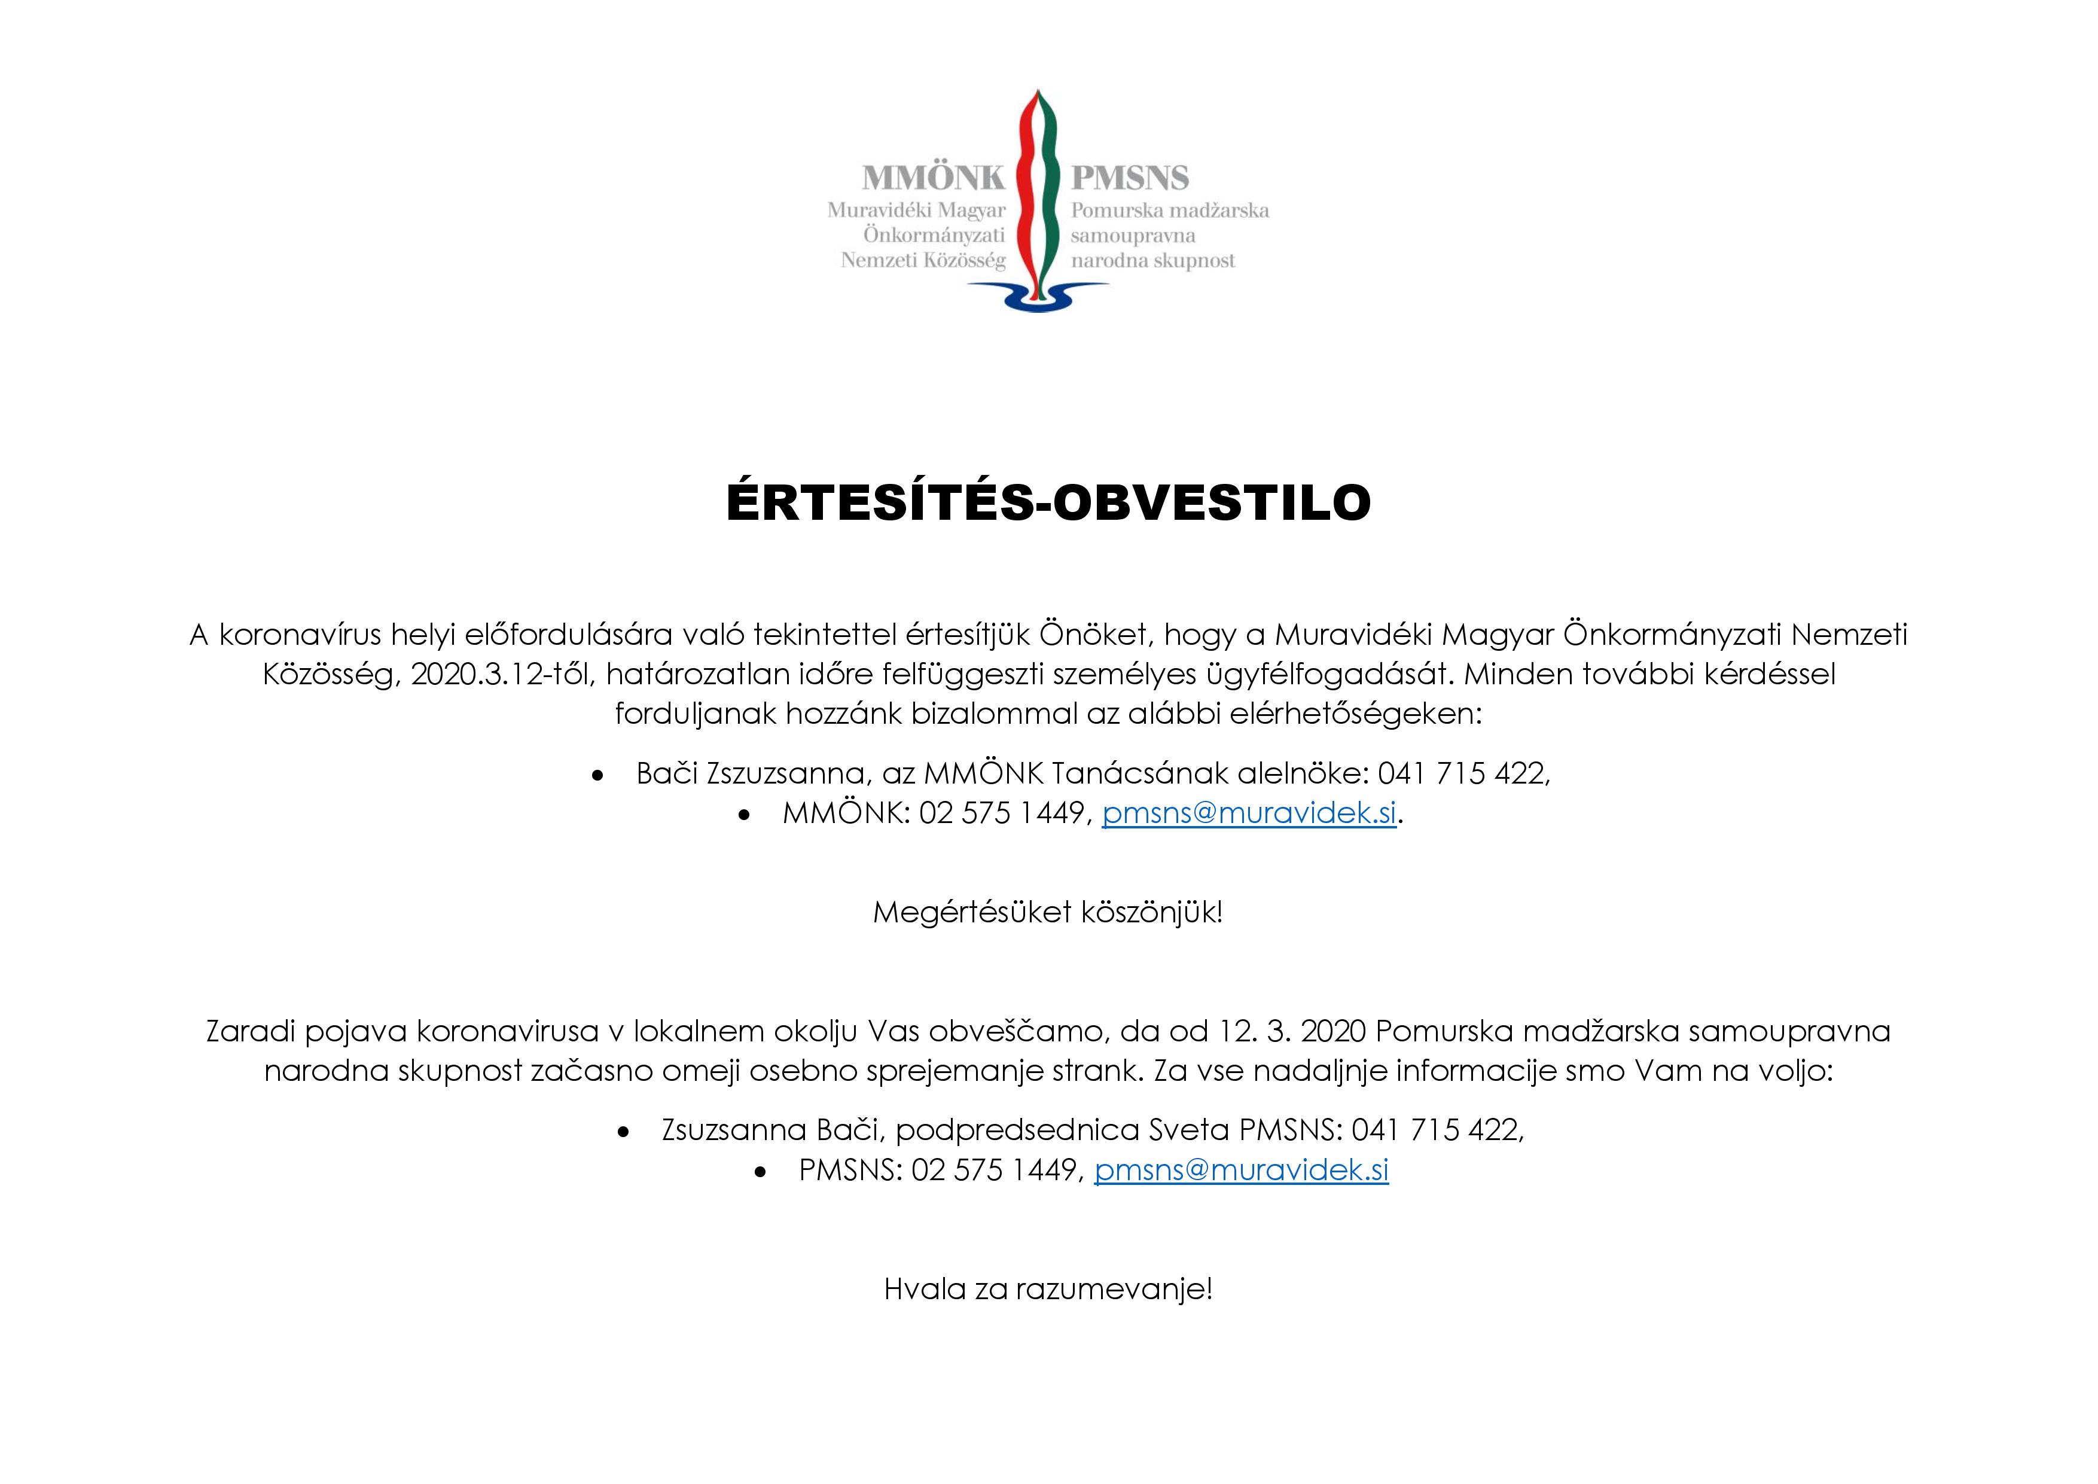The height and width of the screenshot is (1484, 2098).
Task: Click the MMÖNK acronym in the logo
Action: (933, 177)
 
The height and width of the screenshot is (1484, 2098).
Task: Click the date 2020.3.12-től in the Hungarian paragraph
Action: (502, 674)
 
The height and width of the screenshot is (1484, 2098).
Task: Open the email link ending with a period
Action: (1249, 812)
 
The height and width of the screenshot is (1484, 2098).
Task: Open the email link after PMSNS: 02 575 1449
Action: (1241, 1169)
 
